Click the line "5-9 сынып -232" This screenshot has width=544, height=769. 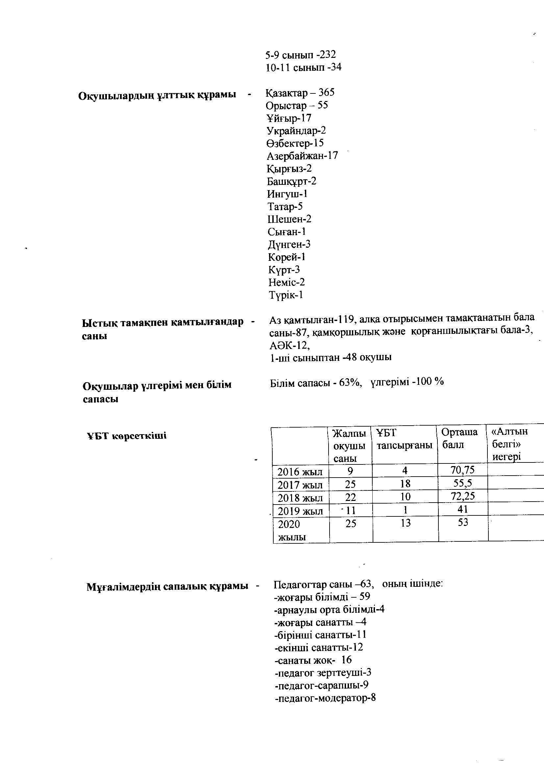coord(301,55)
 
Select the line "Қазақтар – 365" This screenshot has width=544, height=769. coord(300,92)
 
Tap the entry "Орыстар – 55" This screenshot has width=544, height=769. coord(297,106)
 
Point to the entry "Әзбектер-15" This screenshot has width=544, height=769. coord(295,143)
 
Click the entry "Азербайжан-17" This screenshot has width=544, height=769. coord(302,156)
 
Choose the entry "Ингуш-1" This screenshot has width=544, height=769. coord(287,194)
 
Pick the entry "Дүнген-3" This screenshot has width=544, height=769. coord(289,244)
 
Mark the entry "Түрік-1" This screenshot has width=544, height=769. coord(285,295)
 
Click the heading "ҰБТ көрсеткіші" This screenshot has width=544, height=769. coord(127,436)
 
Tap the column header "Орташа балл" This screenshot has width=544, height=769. coord(459,438)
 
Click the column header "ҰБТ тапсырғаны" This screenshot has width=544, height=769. coord(404,439)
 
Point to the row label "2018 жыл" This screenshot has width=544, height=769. coord(300,498)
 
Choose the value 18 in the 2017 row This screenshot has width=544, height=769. coord(405,484)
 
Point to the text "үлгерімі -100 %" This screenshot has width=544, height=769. coord(407,382)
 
